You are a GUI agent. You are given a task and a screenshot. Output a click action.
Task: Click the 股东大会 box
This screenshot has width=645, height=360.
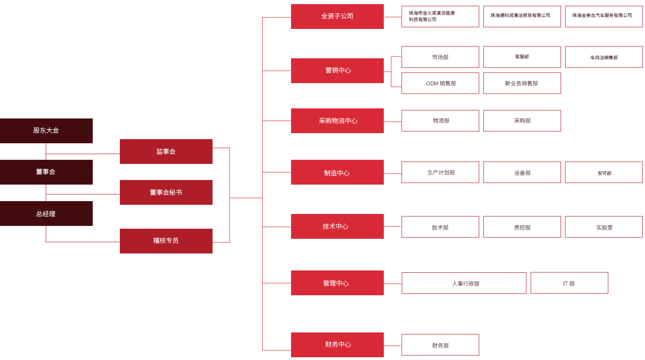(46, 131)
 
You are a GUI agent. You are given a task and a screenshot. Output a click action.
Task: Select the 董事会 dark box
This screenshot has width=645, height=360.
(46, 172)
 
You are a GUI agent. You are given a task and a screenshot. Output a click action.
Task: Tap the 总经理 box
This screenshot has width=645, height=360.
(46, 214)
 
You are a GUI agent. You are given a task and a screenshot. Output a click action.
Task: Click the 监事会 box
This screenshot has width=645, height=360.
(166, 152)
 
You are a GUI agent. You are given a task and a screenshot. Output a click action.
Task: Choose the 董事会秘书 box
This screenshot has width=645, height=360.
(166, 192)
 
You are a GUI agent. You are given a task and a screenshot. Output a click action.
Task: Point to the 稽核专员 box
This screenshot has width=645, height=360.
(166, 241)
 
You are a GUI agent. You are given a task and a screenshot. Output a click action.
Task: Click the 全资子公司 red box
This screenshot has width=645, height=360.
(337, 17)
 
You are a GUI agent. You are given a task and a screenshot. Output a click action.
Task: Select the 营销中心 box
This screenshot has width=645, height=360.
(337, 71)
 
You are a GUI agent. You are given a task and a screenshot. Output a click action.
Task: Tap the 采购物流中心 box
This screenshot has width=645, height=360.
(337, 121)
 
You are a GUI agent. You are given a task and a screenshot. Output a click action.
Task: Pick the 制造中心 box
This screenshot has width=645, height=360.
(337, 172)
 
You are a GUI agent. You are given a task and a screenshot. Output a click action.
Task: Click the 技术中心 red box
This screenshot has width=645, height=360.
(337, 226)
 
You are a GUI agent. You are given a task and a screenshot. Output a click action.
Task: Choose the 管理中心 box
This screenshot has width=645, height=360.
(337, 283)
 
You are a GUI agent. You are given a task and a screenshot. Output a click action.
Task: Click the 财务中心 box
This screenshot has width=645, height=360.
(337, 345)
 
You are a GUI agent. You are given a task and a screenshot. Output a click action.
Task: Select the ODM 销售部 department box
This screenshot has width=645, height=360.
(440, 83)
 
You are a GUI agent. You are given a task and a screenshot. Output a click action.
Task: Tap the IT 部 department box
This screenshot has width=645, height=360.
(569, 283)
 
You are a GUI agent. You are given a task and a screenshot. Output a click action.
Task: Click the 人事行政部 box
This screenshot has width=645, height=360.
(464, 283)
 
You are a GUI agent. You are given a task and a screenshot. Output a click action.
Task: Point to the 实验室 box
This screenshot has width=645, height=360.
(604, 227)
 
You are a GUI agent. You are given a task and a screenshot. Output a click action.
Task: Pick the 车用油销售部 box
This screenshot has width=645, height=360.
(604, 57)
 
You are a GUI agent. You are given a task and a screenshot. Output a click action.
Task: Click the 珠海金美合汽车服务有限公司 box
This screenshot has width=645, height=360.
(604, 17)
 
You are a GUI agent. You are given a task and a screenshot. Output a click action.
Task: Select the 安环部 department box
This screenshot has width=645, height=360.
(604, 172)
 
